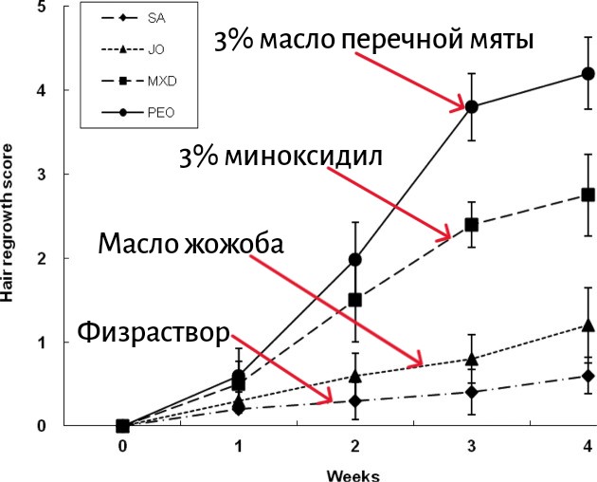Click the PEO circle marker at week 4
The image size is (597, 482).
point(587,73)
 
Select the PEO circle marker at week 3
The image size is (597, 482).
point(471,106)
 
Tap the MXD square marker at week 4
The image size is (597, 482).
point(587,195)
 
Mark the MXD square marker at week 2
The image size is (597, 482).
point(354,300)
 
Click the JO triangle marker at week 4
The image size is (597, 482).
point(587,325)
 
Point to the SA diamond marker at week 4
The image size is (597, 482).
point(587,376)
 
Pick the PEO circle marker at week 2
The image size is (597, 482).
point(354,259)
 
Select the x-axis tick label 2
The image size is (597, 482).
point(354,445)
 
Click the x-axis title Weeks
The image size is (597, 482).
point(353,473)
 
